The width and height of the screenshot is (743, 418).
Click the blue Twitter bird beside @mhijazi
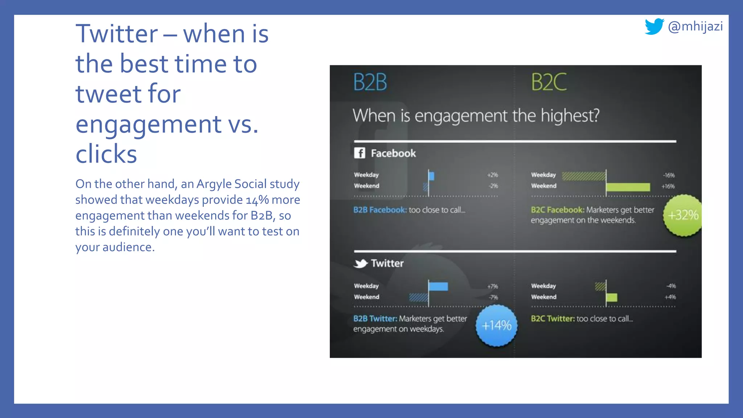[x=654, y=26]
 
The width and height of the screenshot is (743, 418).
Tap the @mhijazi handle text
[x=695, y=26]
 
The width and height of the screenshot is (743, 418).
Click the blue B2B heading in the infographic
[x=370, y=82]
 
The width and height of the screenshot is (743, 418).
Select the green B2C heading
[x=549, y=82]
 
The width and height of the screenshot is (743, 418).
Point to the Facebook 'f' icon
[x=360, y=153]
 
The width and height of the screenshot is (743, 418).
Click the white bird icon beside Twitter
[x=360, y=263]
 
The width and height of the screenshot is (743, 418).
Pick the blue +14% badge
[x=496, y=325]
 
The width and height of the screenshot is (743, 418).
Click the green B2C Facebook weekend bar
[x=628, y=187]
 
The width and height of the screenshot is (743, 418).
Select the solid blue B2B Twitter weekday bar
[x=438, y=286]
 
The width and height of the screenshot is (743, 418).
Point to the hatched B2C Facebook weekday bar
[x=584, y=176]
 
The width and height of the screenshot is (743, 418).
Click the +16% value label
[x=668, y=187]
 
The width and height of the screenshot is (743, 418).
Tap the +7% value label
[x=493, y=286]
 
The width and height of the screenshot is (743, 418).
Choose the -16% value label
[x=669, y=175]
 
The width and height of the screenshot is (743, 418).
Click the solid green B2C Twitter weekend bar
[x=612, y=298]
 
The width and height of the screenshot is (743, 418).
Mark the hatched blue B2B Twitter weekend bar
[x=419, y=298]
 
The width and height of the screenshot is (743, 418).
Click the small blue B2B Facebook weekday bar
[x=431, y=176]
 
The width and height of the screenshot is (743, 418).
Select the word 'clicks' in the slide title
[x=106, y=154]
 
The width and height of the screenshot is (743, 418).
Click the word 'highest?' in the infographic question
[x=570, y=116]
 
